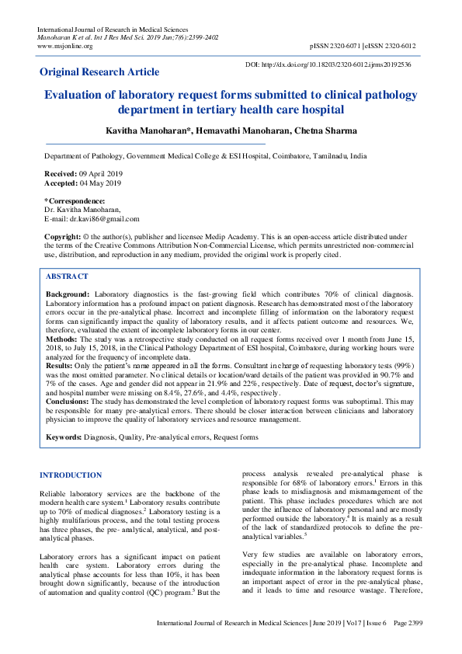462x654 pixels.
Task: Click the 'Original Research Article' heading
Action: (x=99, y=72)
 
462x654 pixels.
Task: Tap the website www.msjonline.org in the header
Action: (x=65, y=46)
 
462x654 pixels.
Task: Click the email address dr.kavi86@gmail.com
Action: (x=103, y=219)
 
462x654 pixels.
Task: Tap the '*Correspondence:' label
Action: (x=69, y=201)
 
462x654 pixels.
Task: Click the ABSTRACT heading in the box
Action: (x=67, y=277)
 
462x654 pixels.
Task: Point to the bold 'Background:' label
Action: (x=68, y=296)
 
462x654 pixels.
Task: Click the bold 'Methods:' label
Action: (x=62, y=339)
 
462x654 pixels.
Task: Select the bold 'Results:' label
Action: (x=61, y=365)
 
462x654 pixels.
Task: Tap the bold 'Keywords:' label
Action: (x=64, y=438)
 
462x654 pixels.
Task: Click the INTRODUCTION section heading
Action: (x=70, y=475)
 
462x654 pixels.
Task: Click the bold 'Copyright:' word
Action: (x=63, y=235)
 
